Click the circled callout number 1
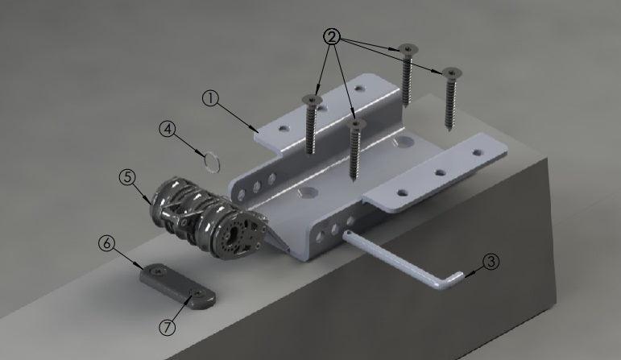(x=210, y=98)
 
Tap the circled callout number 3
(x=491, y=261)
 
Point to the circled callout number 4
(x=168, y=129)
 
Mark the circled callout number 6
(x=106, y=242)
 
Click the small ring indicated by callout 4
(x=212, y=161)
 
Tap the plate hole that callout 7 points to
(x=196, y=295)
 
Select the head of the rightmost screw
(x=449, y=72)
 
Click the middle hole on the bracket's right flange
(x=440, y=172)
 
